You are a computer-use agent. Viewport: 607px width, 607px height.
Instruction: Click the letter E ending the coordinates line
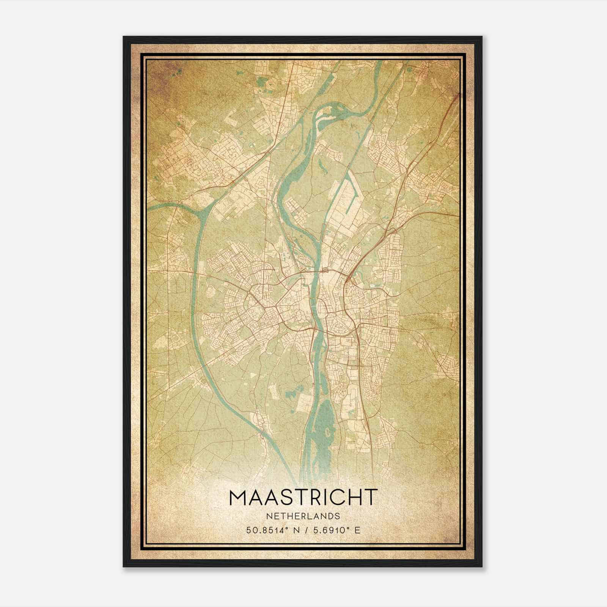(357, 530)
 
